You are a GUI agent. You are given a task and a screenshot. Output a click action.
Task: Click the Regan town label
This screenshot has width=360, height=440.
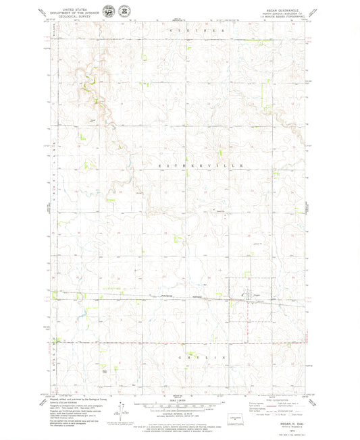[257, 294]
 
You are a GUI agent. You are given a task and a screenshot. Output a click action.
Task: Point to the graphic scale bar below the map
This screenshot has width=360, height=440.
[179, 408]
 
